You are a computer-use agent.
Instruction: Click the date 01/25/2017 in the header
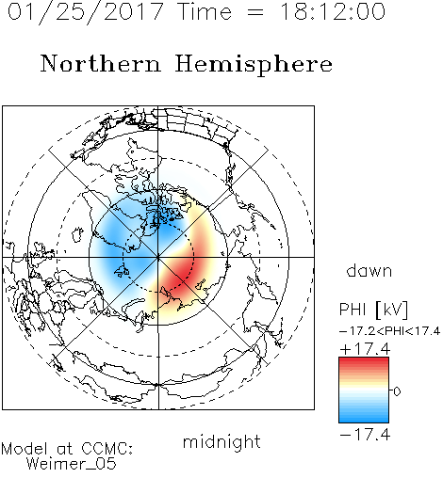point(85,11)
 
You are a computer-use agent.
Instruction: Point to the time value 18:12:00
point(332,11)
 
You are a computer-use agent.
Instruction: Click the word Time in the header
point(205,11)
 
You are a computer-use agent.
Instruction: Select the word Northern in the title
point(101,64)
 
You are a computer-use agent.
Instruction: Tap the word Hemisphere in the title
point(254,65)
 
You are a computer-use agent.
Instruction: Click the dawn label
point(369,270)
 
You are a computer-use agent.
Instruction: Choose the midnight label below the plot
point(221,441)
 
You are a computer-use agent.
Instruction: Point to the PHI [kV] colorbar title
point(373,310)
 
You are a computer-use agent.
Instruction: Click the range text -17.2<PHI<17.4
point(389,331)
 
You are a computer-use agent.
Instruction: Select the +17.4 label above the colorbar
point(365,349)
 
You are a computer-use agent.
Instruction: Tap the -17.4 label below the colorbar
point(365,435)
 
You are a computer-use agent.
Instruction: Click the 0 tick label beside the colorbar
point(397,391)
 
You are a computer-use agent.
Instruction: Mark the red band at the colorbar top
point(364,361)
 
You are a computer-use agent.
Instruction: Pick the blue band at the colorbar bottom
point(364,418)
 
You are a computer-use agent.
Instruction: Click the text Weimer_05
point(72,464)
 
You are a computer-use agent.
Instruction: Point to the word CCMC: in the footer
point(107,449)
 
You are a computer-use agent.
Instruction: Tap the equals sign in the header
point(255,12)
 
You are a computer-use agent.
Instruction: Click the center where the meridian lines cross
point(158,257)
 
